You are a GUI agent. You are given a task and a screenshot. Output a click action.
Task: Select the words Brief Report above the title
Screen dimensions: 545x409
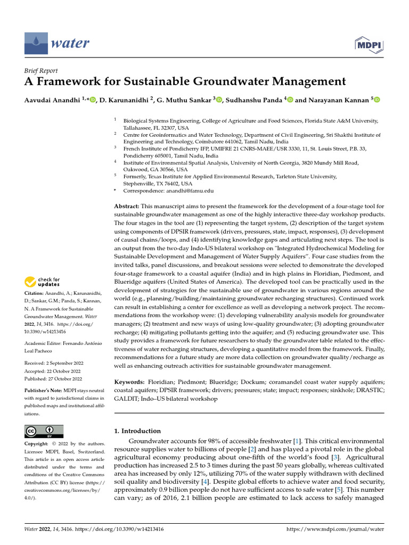click(x=42, y=71)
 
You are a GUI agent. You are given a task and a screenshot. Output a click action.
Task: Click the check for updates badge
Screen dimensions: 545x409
click(x=43, y=282)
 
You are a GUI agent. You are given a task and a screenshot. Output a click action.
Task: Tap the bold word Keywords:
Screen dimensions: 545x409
click(x=129, y=382)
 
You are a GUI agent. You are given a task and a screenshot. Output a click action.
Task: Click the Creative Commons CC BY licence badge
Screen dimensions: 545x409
click(x=44, y=431)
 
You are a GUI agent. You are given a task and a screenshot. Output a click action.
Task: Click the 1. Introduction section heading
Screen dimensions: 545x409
click(x=137, y=431)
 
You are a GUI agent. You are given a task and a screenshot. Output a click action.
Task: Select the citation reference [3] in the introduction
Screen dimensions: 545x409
click(x=336, y=457)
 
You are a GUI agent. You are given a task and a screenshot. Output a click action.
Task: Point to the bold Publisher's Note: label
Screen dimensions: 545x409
click(x=43, y=390)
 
